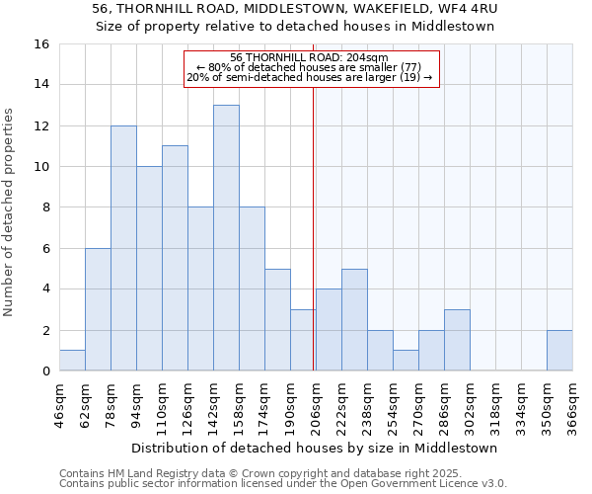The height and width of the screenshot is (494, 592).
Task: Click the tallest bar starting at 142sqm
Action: point(226,238)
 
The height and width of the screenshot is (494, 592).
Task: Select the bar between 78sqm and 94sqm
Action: point(123,248)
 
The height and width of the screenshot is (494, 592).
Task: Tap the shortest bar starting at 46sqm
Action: point(72,361)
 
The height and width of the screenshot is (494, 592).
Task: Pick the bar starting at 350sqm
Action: point(559,351)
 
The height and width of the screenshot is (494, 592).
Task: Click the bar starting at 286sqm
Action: point(457,340)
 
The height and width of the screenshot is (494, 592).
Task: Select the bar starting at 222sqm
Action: point(354,320)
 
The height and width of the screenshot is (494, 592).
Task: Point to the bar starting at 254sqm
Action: point(406,361)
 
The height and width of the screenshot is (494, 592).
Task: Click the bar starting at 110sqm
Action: point(175,258)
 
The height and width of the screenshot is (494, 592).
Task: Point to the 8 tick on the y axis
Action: point(45,207)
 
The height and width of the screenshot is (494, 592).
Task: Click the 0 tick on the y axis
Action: point(45,371)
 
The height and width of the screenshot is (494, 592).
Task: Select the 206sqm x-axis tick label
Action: point(316,405)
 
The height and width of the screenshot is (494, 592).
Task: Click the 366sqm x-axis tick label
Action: point(572,405)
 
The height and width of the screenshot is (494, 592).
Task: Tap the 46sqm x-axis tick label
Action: point(59,405)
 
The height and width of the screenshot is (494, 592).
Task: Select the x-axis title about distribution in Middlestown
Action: point(315,448)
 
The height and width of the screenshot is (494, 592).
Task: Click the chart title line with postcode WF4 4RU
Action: point(296,8)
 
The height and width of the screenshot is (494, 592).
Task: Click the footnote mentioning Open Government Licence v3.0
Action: point(283,484)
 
